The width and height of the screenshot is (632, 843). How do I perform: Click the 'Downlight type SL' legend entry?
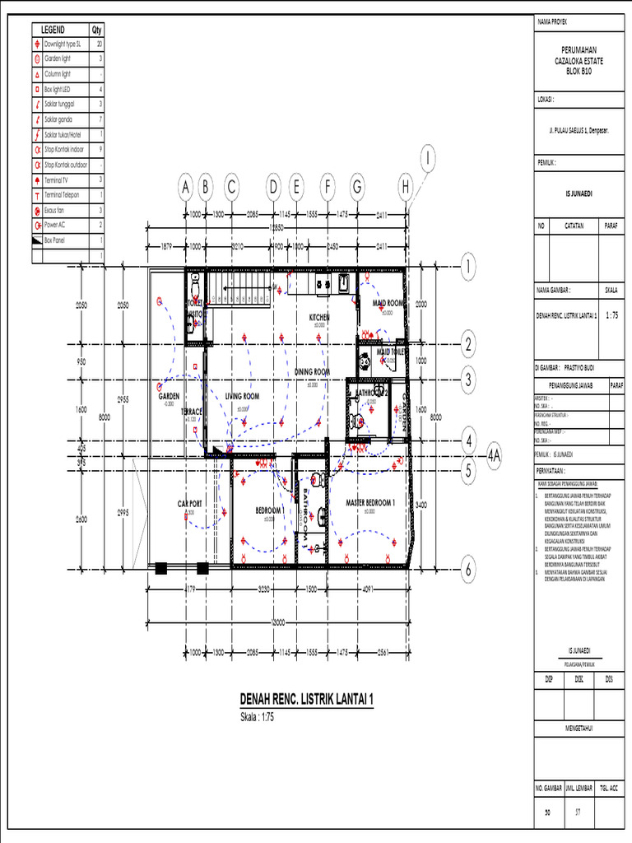pos(63,43)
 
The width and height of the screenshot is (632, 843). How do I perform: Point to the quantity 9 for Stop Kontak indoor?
pos(100,149)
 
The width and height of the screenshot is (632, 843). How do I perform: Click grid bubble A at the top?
pos(186,189)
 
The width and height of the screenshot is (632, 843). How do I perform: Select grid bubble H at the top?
pos(406,189)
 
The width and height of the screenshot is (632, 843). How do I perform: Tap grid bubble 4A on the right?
pos(494,455)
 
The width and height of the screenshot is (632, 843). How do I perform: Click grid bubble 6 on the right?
pos(468,568)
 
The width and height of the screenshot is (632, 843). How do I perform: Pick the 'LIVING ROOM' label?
pos(242,396)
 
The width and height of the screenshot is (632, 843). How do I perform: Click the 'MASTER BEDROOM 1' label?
pos(370,502)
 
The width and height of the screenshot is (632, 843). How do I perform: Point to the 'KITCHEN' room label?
pos(319,317)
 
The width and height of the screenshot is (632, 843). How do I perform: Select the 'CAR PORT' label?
pos(190,503)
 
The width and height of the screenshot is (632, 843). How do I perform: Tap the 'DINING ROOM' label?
pos(312,372)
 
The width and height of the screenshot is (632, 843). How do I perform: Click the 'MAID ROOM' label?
pos(388,303)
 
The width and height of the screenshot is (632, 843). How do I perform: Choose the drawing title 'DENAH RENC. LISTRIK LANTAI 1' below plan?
pos(306,699)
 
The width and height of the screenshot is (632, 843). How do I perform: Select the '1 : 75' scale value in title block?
pos(613,314)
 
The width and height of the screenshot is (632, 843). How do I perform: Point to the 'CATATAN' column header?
pos(574,225)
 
